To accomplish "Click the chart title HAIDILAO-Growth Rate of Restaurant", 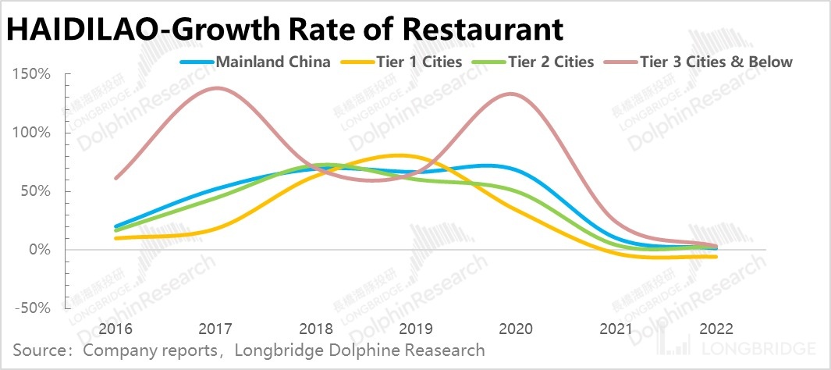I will (x=285, y=30).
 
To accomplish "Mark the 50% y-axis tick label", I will (x=36, y=191).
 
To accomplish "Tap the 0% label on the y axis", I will (x=40, y=250).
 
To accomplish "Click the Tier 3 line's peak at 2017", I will (x=215, y=87).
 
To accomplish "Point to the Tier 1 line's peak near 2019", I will (x=399, y=155).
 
